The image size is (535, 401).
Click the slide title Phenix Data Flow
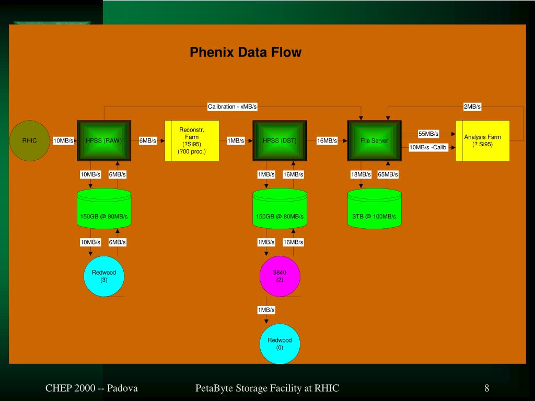coord(246,52)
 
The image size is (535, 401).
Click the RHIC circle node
coord(29,140)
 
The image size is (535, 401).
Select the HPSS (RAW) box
coord(103,140)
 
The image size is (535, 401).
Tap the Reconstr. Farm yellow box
coord(192,140)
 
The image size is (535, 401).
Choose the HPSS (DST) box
coord(280,140)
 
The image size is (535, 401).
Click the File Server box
coord(374,140)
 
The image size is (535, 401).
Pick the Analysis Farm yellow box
coord(482,140)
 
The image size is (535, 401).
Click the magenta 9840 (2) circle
coord(280,276)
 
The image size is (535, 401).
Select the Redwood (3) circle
coord(104,276)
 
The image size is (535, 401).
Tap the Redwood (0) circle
coord(280,344)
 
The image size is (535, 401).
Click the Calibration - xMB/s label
coord(232,107)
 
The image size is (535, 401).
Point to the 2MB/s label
coord(472,107)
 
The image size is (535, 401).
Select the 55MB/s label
coord(428,134)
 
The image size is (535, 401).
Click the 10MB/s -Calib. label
coord(428,147)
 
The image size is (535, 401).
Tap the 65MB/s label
coord(388,174)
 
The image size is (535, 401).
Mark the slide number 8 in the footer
coord(486,388)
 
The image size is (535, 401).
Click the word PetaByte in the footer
coord(213,388)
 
